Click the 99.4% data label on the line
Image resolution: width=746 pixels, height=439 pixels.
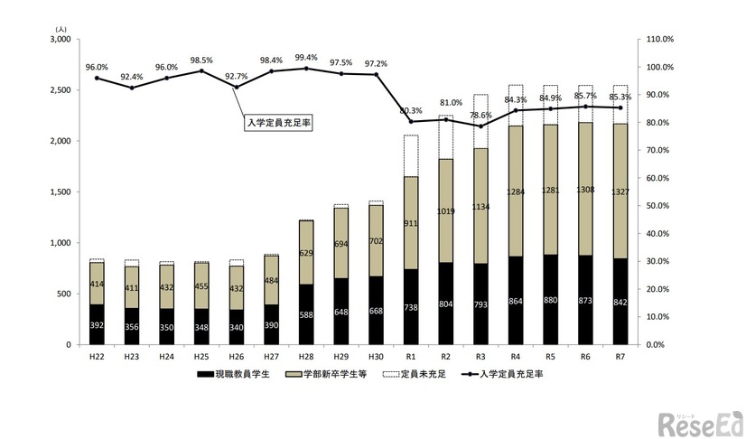306,57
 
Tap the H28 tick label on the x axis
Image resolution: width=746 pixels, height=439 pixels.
306,356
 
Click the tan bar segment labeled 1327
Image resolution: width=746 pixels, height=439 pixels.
620,191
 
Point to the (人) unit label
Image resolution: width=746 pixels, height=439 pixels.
61,30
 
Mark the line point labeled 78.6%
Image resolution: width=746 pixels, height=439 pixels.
480,126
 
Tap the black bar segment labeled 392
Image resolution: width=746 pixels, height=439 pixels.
97,324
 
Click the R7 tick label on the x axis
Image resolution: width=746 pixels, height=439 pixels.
620,356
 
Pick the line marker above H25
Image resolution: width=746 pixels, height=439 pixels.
201,71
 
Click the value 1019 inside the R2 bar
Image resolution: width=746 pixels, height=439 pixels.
445,210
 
